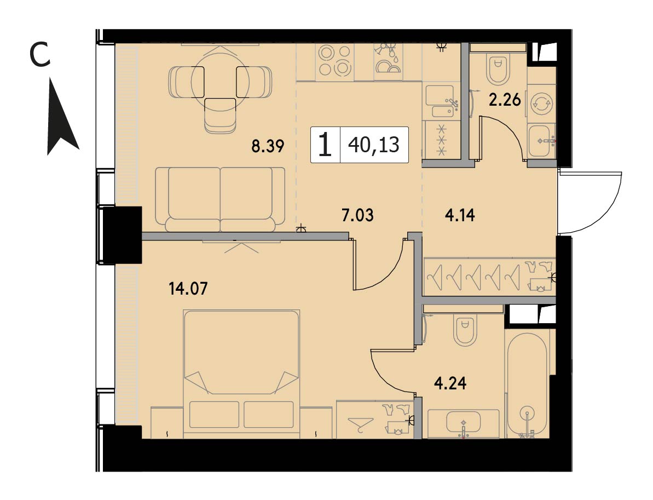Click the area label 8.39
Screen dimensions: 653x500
268,146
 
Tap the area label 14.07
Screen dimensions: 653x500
188,288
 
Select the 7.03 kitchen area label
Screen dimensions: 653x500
357,215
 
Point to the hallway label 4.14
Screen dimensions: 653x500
460,215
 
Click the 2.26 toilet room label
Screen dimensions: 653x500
505,100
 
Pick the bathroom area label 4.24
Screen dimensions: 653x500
450,383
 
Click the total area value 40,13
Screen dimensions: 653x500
374,145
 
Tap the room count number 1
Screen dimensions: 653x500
325,145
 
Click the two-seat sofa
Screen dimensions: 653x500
221,199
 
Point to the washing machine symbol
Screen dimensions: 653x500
541,103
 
